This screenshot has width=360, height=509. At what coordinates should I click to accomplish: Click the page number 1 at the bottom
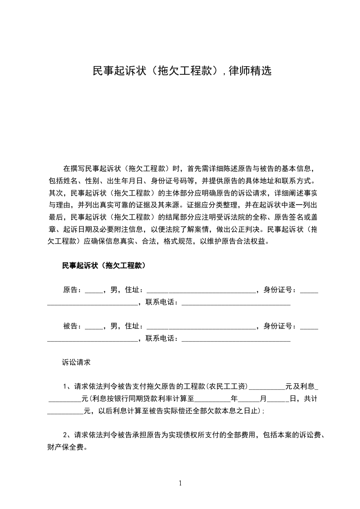(180, 483)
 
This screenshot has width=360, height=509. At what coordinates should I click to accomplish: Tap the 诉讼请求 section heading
(76, 362)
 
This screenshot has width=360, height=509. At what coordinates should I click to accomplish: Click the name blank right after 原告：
(94, 290)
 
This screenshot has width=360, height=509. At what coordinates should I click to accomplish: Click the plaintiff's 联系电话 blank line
(236, 303)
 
